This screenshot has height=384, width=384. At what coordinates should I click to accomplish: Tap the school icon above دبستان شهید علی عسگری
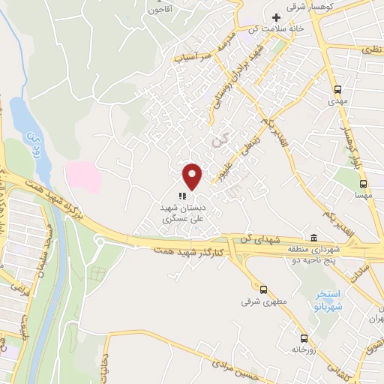[182, 196]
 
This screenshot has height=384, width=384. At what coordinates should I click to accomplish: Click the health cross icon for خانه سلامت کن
[276, 17]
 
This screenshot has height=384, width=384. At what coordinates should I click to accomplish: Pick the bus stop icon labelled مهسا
[363, 183]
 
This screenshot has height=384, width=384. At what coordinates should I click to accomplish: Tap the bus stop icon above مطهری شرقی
[262, 289]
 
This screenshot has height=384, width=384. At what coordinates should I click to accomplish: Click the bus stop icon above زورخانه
[303, 337]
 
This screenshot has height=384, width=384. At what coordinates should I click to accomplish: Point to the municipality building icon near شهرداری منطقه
[313, 235]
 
